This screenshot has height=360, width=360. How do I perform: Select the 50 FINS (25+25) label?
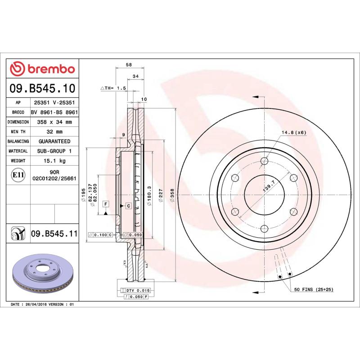pos(314,289)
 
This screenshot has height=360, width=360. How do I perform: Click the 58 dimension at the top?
pos(129,65)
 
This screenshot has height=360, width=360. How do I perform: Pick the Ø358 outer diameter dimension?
pos(172,197)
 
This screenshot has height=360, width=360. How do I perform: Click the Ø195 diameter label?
pos(84,197)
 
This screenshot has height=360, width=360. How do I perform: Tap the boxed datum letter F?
pos(105,204)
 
